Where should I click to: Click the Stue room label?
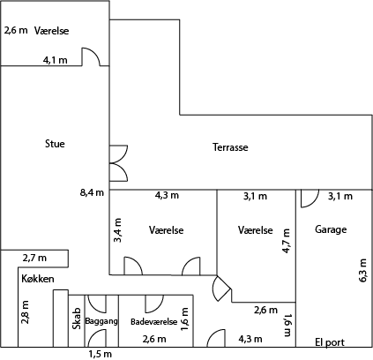pos(55,144)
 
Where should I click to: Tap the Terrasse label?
pos(230,147)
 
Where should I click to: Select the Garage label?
pos(331,229)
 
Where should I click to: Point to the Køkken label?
pos(38,279)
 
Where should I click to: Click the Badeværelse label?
pos(154,322)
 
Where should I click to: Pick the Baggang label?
pos(101,321)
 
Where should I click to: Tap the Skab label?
pos(77,319)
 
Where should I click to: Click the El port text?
pos(330,342)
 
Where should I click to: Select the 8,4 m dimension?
pos(92,192)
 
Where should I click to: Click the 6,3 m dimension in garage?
pos(362,271)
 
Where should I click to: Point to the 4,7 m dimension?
pos(286,241)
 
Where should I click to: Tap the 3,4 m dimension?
pos(118,230)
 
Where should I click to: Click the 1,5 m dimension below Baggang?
pos(101,354)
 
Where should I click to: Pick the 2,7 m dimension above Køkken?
pos(34,259)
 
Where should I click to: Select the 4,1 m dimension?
pos(56,60)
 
